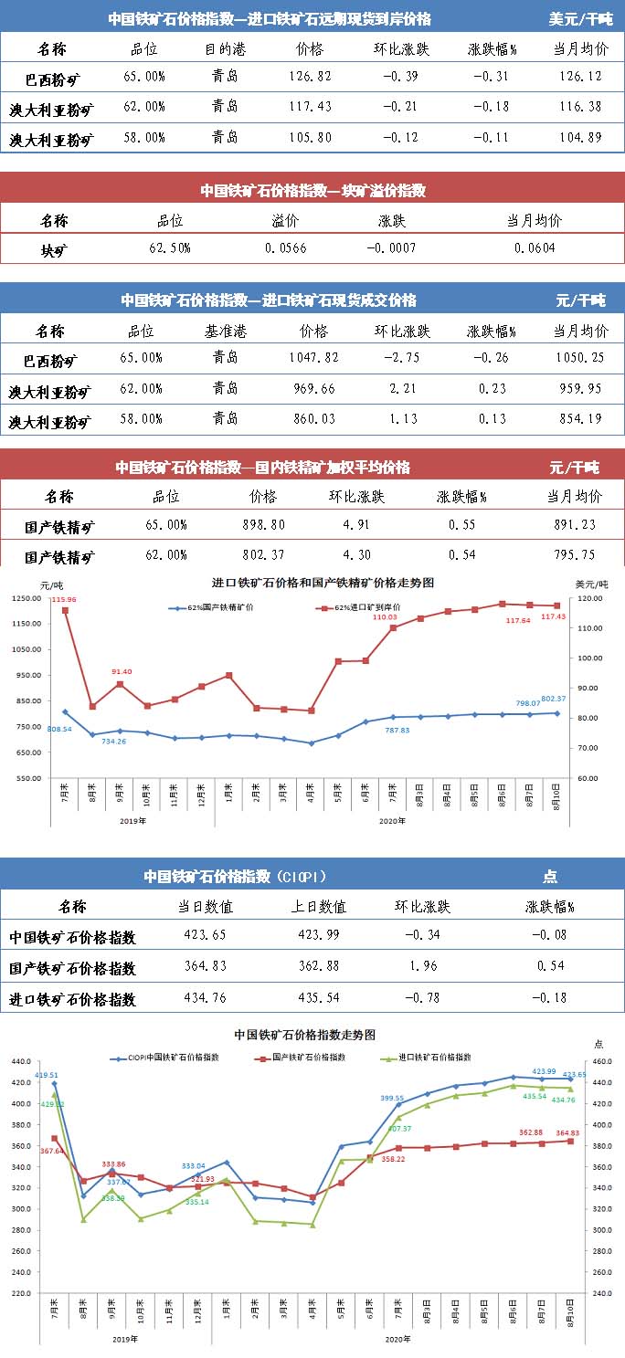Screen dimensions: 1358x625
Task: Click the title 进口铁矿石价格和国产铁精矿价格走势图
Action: pyautogui.click(x=323, y=582)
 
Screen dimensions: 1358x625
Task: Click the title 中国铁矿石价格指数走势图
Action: pyautogui.click(x=304, y=1035)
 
